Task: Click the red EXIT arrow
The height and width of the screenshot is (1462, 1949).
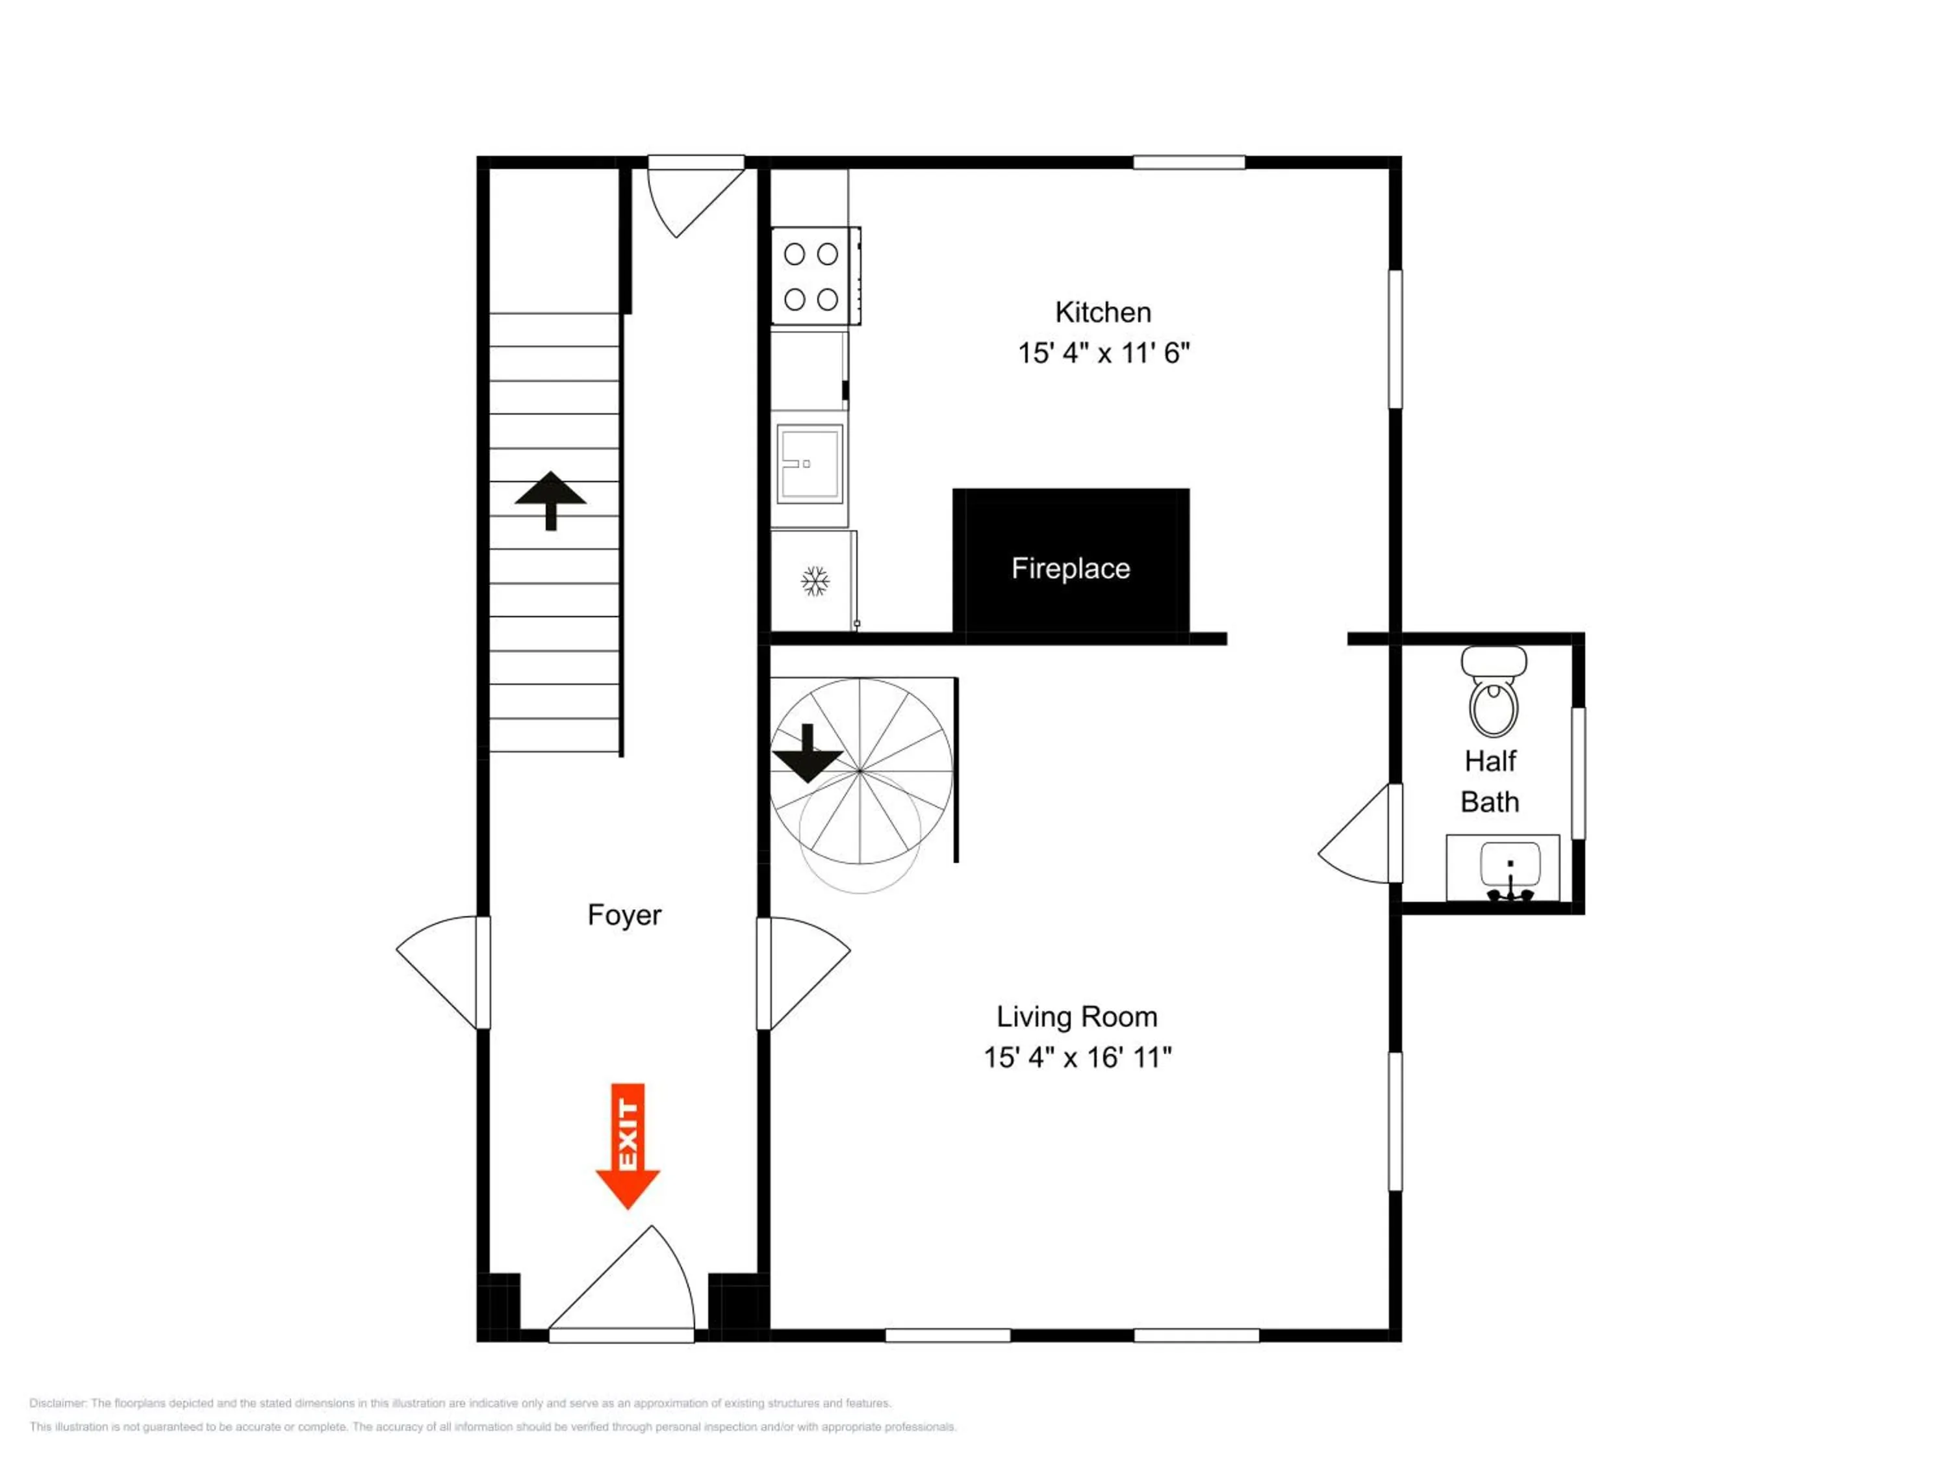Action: click(628, 1145)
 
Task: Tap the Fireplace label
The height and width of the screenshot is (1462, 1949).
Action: click(1071, 569)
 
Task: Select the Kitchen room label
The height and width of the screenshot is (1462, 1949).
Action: click(1103, 312)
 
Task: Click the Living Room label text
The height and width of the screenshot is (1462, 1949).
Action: click(1076, 1016)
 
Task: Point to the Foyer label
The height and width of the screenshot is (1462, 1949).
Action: click(625, 916)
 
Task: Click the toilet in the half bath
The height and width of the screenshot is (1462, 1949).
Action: click(1494, 691)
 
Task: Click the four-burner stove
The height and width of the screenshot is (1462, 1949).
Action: click(815, 276)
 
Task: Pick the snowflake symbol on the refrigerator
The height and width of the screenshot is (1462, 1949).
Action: click(815, 582)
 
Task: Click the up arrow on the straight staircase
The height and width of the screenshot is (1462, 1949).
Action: click(551, 500)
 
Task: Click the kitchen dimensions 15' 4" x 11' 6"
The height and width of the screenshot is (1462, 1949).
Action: click(1103, 353)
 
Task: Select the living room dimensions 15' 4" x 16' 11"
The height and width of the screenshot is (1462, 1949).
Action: click(1076, 1057)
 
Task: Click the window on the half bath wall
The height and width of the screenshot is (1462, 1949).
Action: click(1578, 773)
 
